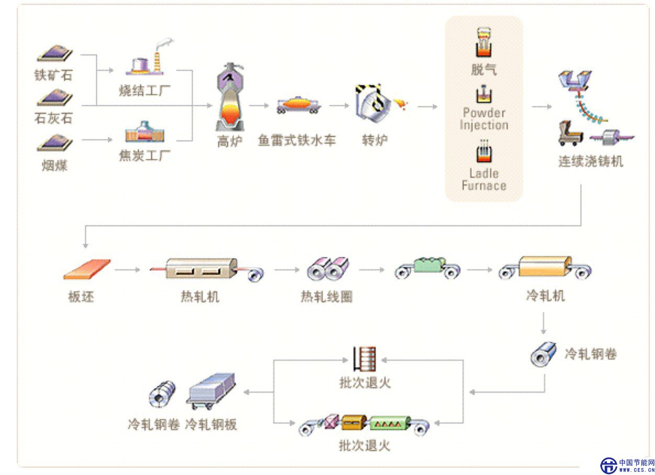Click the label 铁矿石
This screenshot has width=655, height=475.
point(53,75)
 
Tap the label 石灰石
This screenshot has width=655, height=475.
point(53,119)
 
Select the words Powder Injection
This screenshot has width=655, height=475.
point(484,119)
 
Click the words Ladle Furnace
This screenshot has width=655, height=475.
point(484,179)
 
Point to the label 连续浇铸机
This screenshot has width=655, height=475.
point(591,161)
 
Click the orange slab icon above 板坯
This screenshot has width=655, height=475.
point(87,268)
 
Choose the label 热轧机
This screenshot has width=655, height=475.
point(200,297)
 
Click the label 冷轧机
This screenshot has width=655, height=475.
point(546,296)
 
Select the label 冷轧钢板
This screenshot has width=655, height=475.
point(211,424)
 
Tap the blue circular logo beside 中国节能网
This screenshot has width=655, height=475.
point(608,465)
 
